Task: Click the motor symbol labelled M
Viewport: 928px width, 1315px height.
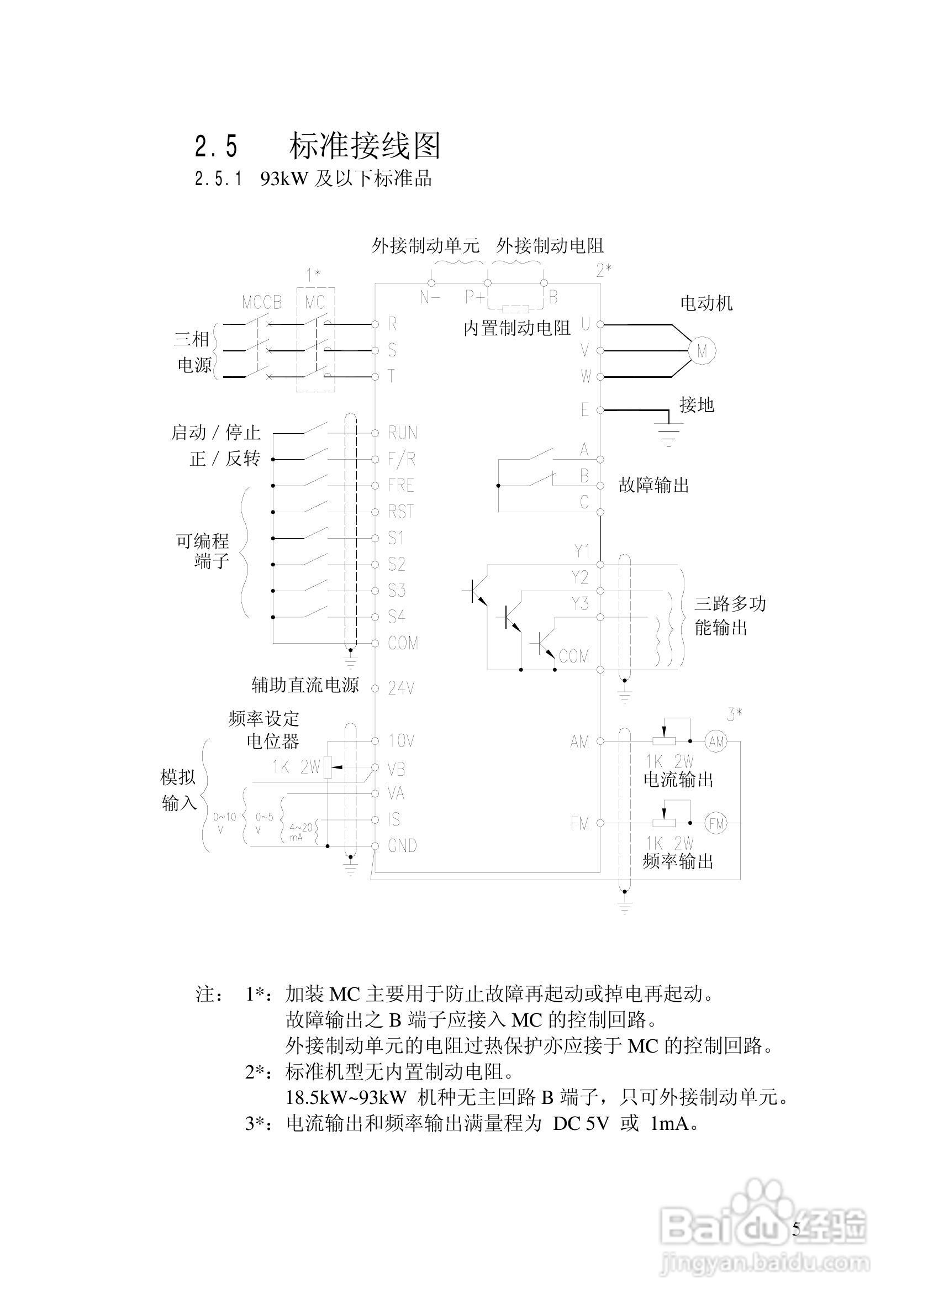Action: (x=702, y=350)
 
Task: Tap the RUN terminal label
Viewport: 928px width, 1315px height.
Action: (x=403, y=433)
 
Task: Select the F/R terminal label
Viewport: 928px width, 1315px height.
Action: (x=402, y=459)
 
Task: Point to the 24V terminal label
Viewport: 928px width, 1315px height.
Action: (x=400, y=688)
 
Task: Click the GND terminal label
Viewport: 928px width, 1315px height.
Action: (x=402, y=846)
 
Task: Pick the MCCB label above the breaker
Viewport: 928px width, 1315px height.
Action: (x=262, y=302)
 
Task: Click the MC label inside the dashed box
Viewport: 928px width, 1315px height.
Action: (x=315, y=302)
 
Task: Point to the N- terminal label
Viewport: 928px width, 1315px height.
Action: (x=429, y=297)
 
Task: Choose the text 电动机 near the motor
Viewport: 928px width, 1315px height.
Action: (x=706, y=303)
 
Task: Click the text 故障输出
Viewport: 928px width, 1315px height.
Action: (x=653, y=486)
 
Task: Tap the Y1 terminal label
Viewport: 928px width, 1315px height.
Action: (x=582, y=551)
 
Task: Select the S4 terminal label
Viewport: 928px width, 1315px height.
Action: (x=397, y=617)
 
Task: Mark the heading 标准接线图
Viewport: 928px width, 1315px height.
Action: (x=365, y=146)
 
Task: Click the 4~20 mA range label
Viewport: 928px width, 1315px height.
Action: (x=300, y=832)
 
